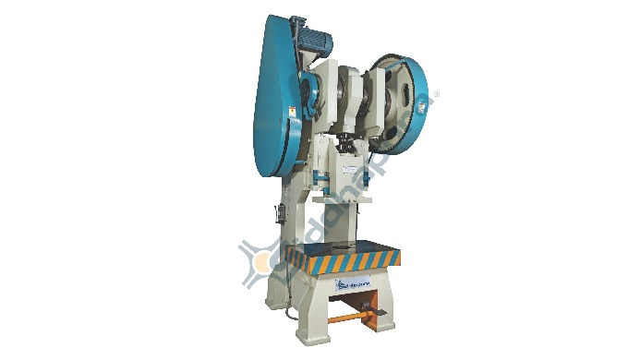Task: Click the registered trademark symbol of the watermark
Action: pos(437,92)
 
